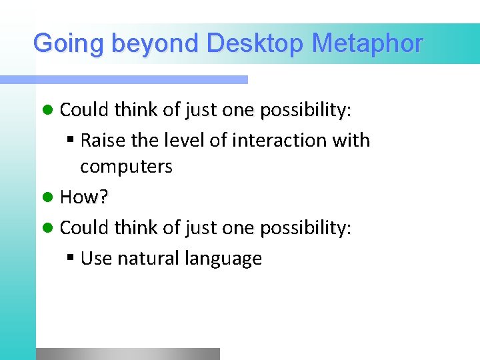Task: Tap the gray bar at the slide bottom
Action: coord(127,354)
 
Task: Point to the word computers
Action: coord(126,167)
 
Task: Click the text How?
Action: coord(84,197)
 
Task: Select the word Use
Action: coord(96,259)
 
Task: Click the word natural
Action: coord(143,259)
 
